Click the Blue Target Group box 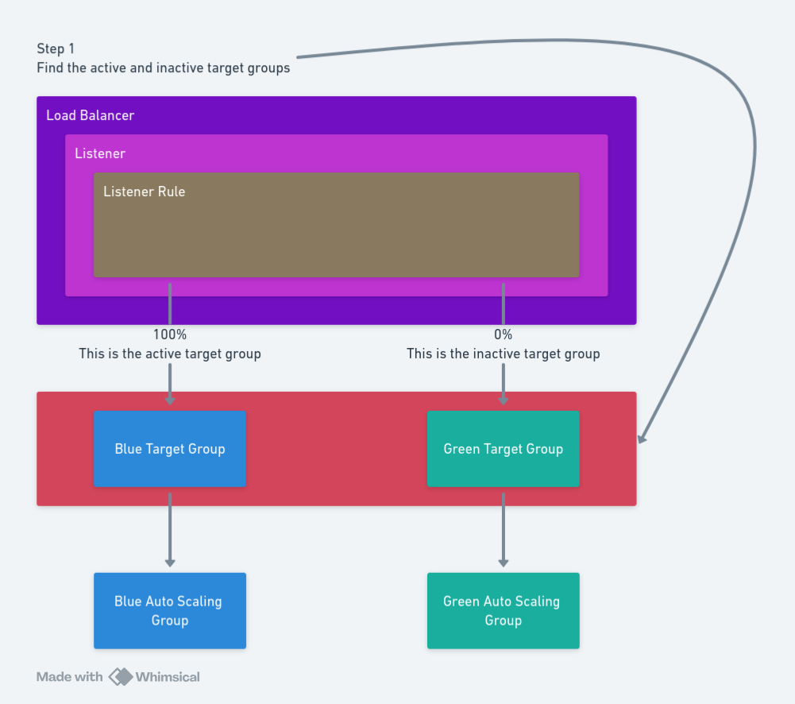click(x=170, y=449)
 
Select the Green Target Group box click(x=503, y=449)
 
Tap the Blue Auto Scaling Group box click(x=170, y=610)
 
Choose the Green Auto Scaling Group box click(x=503, y=610)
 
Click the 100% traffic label click(x=170, y=335)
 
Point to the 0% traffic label click(x=503, y=335)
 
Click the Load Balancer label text click(x=90, y=115)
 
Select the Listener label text click(x=100, y=153)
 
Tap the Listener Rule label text click(x=144, y=191)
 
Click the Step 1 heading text click(x=56, y=49)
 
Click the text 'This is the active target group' click(x=170, y=354)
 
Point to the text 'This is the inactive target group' click(x=503, y=354)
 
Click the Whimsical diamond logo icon click(x=121, y=677)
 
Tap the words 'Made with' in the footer click(x=69, y=677)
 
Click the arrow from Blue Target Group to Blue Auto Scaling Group click(x=170, y=528)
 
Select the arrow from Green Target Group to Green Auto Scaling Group click(x=503, y=528)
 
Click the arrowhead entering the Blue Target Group click(x=170, y=400)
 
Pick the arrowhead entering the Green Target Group click(x=503, y=400)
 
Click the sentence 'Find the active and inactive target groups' click(x=163, y=68)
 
